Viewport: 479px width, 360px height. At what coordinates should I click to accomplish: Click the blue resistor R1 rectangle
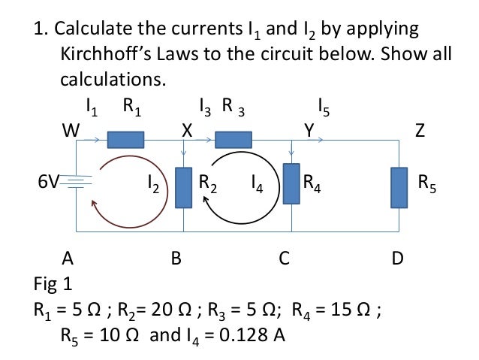click(125, 139)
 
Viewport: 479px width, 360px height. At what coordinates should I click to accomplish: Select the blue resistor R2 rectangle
click(184, 187)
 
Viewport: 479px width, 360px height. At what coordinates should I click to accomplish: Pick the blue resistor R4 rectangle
click(291, 184)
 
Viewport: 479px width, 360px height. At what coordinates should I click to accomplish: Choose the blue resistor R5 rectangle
click(399, 187)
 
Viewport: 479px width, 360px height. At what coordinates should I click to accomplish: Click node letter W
click(71, 131)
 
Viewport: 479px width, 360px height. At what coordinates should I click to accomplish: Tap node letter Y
click(309, 131)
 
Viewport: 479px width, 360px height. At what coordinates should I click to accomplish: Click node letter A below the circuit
click(68, 259)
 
